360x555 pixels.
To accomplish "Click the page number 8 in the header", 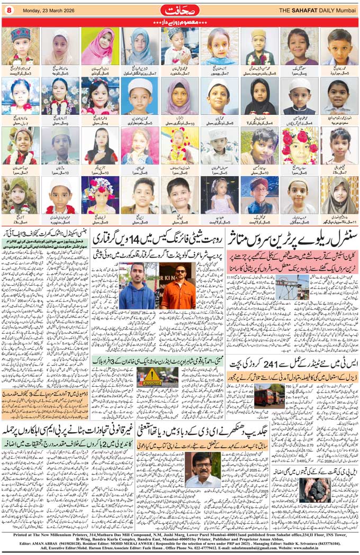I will [x=9, y=10].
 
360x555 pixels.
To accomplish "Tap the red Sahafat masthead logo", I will [x=179, y=10].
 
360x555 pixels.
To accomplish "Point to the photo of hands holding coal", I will [x=316, y=490].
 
